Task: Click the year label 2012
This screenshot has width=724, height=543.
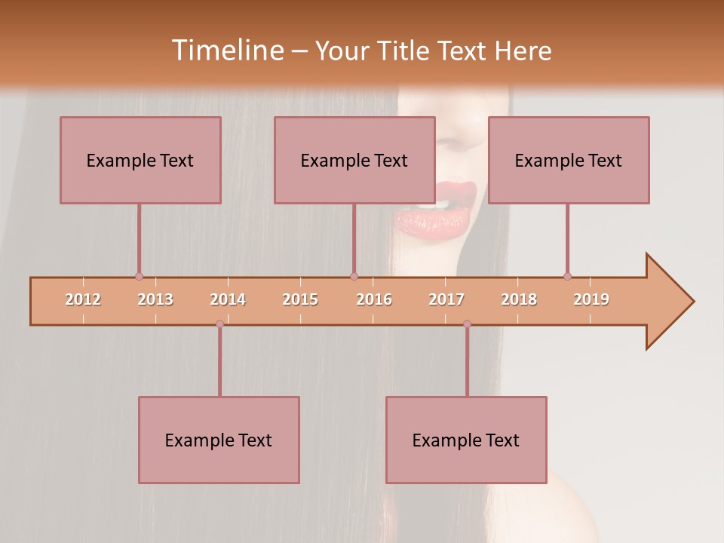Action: click(x=83, y=299)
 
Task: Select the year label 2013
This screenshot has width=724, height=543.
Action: click(x=155, y=299)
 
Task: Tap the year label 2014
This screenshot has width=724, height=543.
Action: click(x=228, y=299)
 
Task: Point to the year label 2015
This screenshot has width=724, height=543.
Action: click(x=300, y=299)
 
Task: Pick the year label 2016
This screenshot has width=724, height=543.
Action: click(x=374, y=299)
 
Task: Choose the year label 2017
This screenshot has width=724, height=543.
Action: click(x=446, y=299)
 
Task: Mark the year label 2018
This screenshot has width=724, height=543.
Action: click(x=519, y=299)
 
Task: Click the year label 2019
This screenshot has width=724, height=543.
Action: click(x=591, y=299)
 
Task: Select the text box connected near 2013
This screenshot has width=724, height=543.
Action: click(x=140, y=160)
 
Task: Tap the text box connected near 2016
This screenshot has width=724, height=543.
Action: click(x=354, y=160)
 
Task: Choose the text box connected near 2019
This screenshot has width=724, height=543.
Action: click(x=569, y=160)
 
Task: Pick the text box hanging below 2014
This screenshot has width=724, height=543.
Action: click(x=219, y=440)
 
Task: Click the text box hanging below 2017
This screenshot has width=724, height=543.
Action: click(x=466, y=440)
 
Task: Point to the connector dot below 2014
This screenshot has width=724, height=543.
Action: click(x=219, y=324)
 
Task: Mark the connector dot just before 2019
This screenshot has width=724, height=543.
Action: click(x=567, y=276)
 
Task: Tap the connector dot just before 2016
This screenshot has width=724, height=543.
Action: click(x=354, y=276)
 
